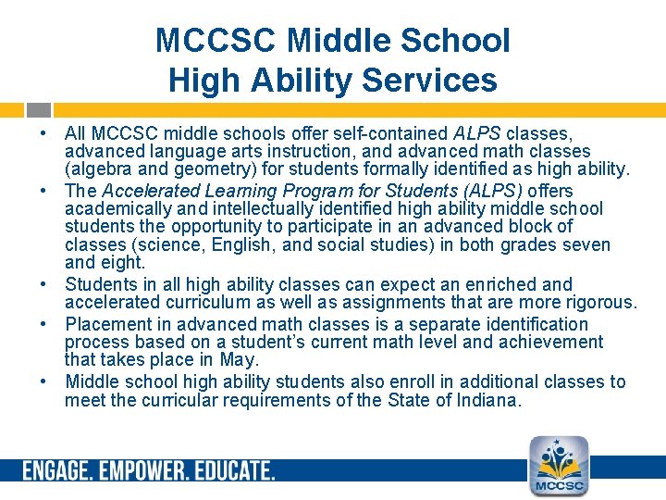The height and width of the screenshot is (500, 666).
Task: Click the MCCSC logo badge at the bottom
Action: point(558,466)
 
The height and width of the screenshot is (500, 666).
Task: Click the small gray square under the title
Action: point(37,108)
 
